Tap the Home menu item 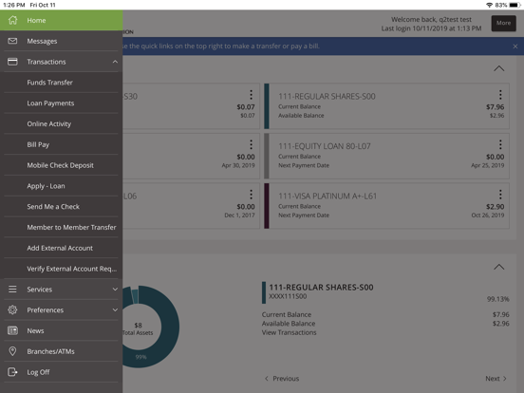coord(36,20)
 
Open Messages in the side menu coord(42,41)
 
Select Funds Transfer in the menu coord(49,83)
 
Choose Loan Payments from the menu coord(50,103)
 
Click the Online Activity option coord(48,124)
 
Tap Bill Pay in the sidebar coord(38,144)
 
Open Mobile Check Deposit coord(60,165)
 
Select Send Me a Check coord(53,207)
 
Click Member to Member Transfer coord(71,228)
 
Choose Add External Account coord(60,248)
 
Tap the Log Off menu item coord(38,372)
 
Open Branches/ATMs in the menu coord(50,351)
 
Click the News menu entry coord(35,330)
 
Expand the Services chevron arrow coord(115,290)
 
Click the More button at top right coord(502,23)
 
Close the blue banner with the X coord(515,46)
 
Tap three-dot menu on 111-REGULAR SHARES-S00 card coord(500,95)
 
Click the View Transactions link coord(290,332)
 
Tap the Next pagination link coord(496,378)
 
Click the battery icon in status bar coord(512,5)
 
